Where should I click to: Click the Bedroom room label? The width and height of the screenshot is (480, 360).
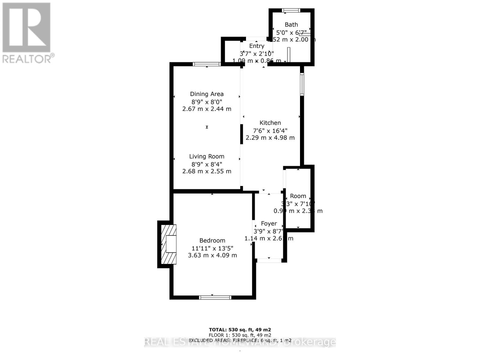pyautogui.click(x=212, y=241)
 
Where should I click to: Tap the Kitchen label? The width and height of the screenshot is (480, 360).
pyautogui.click(x=270, y=123)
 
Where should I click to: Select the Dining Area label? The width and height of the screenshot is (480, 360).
pyautogui.click(x=207, y=94)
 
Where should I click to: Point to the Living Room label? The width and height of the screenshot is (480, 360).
pyautogui.click(x=207, y=156)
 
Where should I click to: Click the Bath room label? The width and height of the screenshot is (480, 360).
pyautogui.click(x=291, y=25)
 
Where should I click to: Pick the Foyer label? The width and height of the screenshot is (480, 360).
pyautogui.click(x=269, y=223)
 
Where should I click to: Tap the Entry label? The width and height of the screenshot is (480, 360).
pyautogui.click(x=256, y=46)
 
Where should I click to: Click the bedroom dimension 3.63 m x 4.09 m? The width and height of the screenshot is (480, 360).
pyautogui.click(x=212, y=255)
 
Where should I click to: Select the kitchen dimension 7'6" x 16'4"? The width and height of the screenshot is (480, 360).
pyautogui.click(x=270, y=130)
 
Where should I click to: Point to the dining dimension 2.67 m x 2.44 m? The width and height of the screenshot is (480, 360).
pyautogui.click(x=207, y=109)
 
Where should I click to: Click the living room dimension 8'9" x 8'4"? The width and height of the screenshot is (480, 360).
pyautogui.click(x=207, y=164)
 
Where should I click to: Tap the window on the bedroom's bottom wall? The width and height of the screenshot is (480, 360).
pyautogui.click(x=215, y=297)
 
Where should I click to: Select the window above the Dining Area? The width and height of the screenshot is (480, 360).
pyautogui.click(x=206, y=64)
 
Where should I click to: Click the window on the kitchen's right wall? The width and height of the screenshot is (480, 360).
pyautogui.click(x=302, y=85)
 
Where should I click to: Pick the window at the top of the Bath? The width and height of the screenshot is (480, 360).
pyautogui.click(x=291, y=10)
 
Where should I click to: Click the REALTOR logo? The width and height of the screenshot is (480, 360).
pyautogui.click(x=27, y=33)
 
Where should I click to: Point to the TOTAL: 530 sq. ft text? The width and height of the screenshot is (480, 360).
pyautogui.click(x=240, y=330)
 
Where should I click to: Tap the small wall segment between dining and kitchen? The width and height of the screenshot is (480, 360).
pyautogui.click(x=241, y=134)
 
